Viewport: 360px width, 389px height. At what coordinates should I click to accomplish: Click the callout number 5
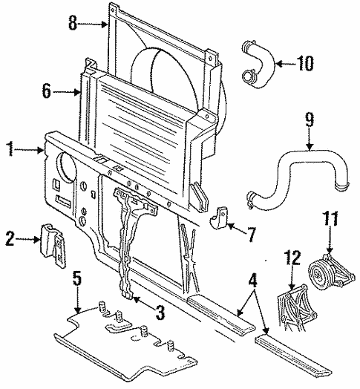tap(76, 281)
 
